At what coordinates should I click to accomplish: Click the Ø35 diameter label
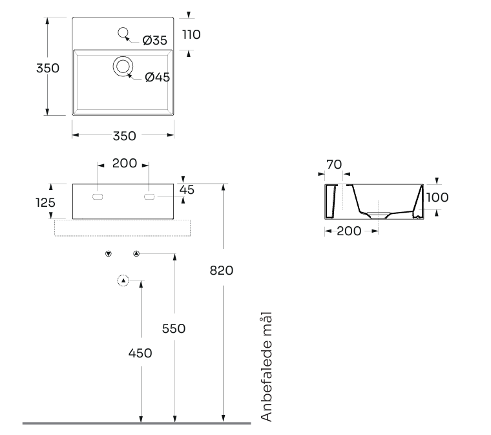[x=154, y=40]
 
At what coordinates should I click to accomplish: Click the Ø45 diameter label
[x=158, y=77]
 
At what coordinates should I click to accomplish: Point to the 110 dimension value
[x=191, y=34]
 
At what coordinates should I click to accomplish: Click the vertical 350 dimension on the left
[x=48, y=68]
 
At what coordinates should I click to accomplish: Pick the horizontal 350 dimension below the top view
[x=124, y=136]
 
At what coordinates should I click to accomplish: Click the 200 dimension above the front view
[x=125, y=163]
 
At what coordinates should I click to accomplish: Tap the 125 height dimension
[x=45, y=202]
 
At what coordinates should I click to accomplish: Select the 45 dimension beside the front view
[x=187, y=190]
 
